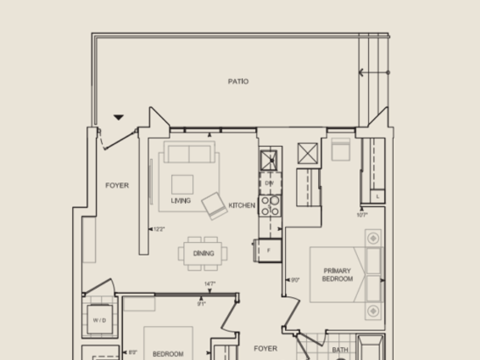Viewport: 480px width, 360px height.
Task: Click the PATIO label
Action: pyautogui.click(x=238, y=81)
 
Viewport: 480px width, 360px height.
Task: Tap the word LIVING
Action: pyautogui.click(x=180, y=201)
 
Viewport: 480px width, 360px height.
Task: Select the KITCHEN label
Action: pyautogui.click(x=241, y=205)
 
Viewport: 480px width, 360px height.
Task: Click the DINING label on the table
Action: pyautogui.click(x=203, y=253)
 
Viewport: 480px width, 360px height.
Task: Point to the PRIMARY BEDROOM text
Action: pyautogui.click(x=337, y=274)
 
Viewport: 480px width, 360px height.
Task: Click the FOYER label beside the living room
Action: pyautogui.click(x=116, y=185)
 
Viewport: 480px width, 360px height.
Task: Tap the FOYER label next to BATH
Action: pyautogui.click(x=265, y=349)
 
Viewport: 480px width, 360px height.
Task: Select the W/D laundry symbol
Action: pyautogui.click(x=100, y=320)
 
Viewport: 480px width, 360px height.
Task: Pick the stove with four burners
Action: pyautogui.click(x=270, y=205)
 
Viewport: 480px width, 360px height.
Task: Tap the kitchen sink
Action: pyautogui.click(x=270, y=160)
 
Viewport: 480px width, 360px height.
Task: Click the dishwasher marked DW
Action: pyautogui.click(x=269, y=182)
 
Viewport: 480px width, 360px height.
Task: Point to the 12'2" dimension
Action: pyautogui.click(x=157, y=229)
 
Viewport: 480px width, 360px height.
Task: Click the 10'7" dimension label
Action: pyautogui.click(x=362, y=214)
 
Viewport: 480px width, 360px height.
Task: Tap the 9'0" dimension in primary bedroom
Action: pyautogui.click(x=295, y=280)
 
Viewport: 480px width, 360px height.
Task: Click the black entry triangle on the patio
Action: pyautogui.click(x=118, y=117)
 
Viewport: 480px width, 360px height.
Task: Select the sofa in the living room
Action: pyautogui.click(x=190, y=154)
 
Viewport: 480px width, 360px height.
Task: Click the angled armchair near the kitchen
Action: pyautogui.click(x=214, y=205)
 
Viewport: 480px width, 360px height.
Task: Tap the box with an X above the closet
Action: pyautogui.click(x=308, y=153)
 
